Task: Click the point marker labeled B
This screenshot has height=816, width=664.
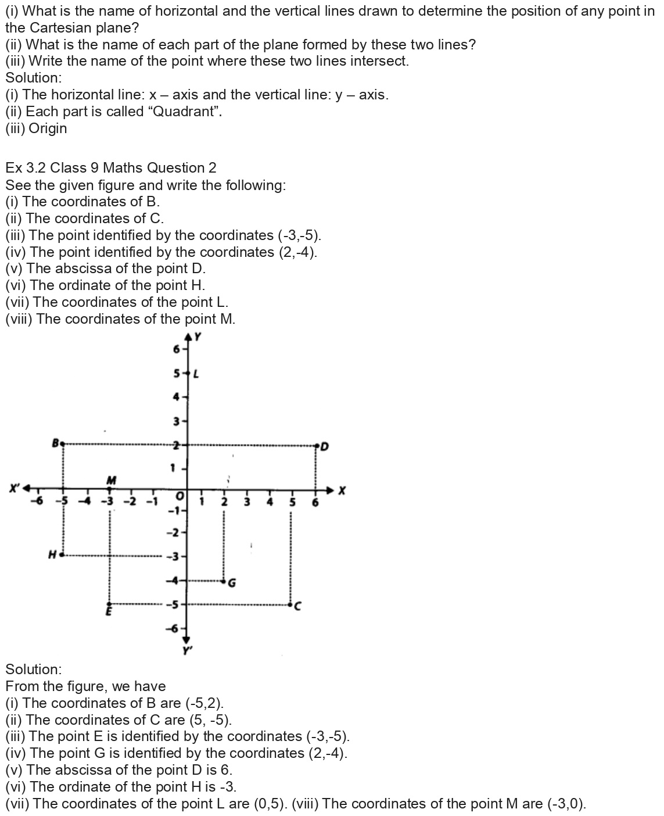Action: pos(63,443)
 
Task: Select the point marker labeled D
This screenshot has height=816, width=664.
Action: pos(317,446)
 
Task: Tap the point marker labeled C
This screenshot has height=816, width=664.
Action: pos(291,605)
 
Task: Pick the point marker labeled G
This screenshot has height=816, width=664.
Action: pos(224,581)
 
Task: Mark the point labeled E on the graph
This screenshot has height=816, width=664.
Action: pos(109,604)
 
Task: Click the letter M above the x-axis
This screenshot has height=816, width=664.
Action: pos(112,480)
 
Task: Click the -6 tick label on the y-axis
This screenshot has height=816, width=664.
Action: pos(173,628)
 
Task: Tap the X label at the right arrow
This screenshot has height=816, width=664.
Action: pos(342,491)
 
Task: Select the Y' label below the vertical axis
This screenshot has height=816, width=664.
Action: pos(187,650)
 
